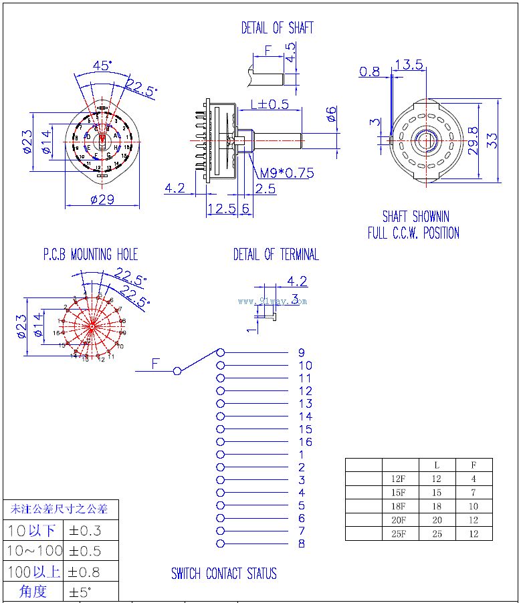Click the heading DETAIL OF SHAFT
pos(277,28)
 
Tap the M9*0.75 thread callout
pos(287,173)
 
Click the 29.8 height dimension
pos(474,140)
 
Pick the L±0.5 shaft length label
pos(270,104)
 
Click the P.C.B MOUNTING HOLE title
pos(90,255)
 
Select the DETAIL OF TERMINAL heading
pos(276,255)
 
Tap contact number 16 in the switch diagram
pos(305,442)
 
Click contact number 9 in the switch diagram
pos(302,352)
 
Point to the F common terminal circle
pos(177,371)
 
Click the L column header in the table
pos(437,465)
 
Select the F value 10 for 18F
pos(474,506)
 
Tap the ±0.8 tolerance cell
pos(84,572)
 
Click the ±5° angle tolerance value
pos(80,592)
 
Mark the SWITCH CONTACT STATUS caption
pos(223,574)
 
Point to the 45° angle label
pos(102,66)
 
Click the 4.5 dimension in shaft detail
pos(290,52)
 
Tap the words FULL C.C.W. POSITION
pos(413,233)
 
